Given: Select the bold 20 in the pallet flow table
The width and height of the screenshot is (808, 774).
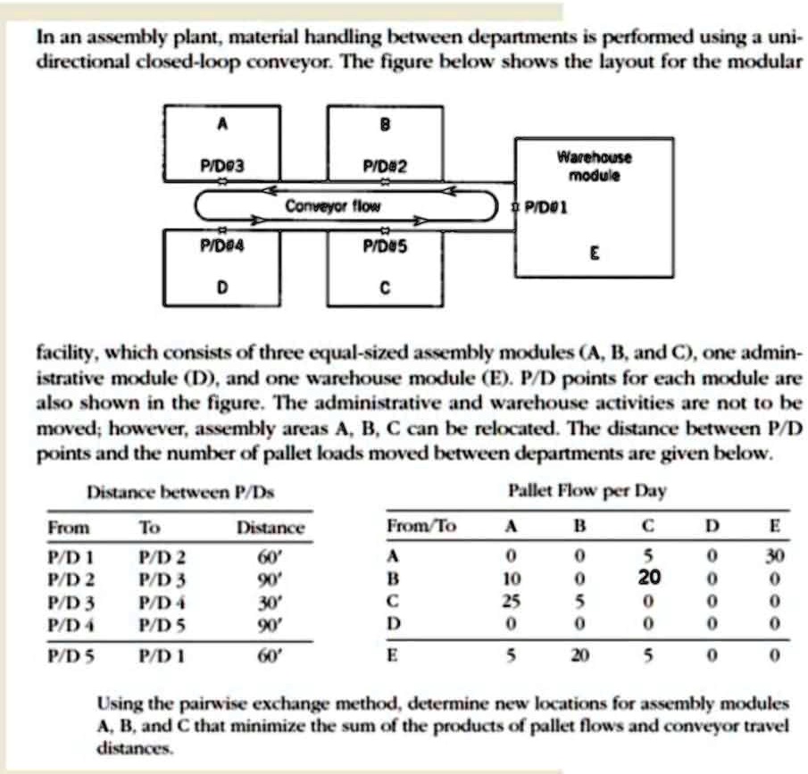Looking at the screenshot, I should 649,577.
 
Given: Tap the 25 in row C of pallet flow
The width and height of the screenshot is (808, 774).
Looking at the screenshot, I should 510,598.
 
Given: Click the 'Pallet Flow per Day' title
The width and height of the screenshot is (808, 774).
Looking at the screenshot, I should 587,491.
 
